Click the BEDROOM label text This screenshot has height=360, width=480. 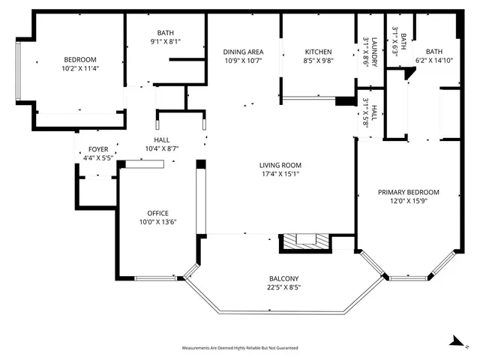click(x=79, y=59)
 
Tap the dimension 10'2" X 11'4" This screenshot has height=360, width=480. click(x=79, y=68)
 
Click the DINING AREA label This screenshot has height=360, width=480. click(x=243, y=52)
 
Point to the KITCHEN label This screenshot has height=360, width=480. click(x=318, y=52)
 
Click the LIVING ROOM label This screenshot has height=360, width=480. click(x=280, y=166)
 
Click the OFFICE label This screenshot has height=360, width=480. click(x=158, y=213)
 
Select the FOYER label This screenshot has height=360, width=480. click(x=98, y=150)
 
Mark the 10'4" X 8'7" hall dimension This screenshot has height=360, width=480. click(x=162, y=148)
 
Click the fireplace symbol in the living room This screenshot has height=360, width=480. click(x=305, y=241)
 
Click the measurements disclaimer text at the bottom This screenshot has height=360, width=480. click(x=240, y=348)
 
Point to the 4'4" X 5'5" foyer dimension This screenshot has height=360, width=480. click(x=98, y=158)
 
